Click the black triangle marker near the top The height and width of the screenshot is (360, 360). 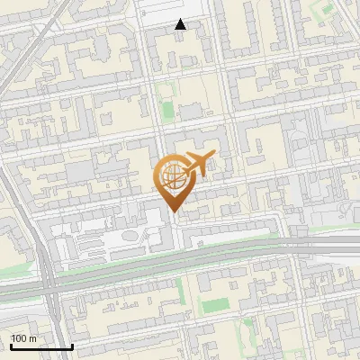(181, 24)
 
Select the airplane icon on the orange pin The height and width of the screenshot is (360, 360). (200, 164)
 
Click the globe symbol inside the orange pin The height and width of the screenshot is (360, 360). (174, 179)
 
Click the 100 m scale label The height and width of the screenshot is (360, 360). (23, 338)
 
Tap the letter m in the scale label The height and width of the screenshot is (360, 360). (33, 338)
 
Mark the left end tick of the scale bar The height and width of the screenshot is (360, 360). (11, 346)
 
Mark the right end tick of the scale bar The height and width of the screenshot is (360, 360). (72, 346)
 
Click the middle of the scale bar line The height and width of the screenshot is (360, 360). (41, 347)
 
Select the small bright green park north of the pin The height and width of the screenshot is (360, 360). (167, 112)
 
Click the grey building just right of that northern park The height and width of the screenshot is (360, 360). (190, 112)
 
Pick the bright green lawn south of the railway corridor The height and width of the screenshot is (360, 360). (214, 306)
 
